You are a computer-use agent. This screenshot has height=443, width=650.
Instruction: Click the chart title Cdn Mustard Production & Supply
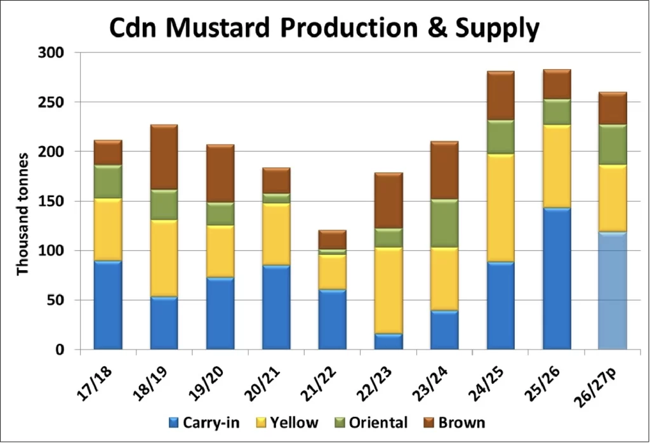pyautogui.click(x=324, y=29)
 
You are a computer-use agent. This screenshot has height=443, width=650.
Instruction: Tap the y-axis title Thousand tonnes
pyautogui.click(x=23, y=213)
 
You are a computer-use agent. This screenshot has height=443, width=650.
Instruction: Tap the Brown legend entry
pyautogui.click(x=453, y=422)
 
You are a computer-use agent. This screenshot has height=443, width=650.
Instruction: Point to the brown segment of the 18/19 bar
pyautogui.click(x=164, y=157)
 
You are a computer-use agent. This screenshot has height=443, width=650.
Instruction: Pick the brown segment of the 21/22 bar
pyautogui.click(x=332, y=240)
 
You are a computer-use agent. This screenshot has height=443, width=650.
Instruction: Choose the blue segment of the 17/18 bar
pyautogui.click(x=108, y=305)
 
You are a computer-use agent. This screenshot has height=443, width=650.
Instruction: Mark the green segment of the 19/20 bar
pyautogui.click(x=220, y=214)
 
